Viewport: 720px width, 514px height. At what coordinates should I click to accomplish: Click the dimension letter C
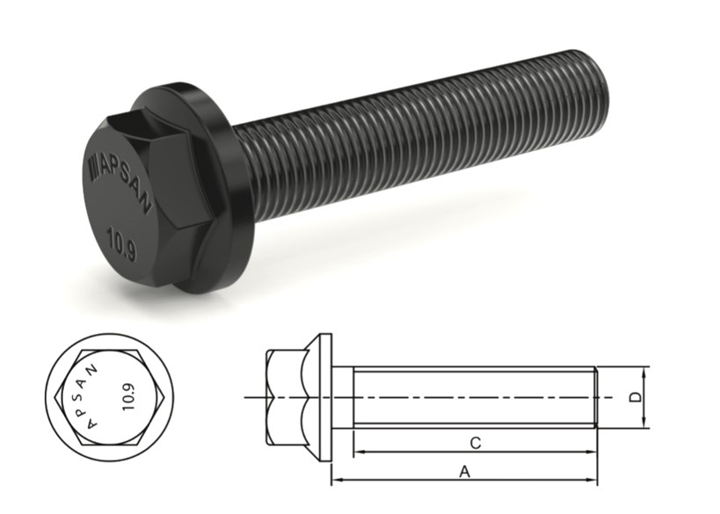475,442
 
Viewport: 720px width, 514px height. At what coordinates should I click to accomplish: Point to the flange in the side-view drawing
325,397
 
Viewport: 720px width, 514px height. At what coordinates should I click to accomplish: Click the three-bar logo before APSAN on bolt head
98,165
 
